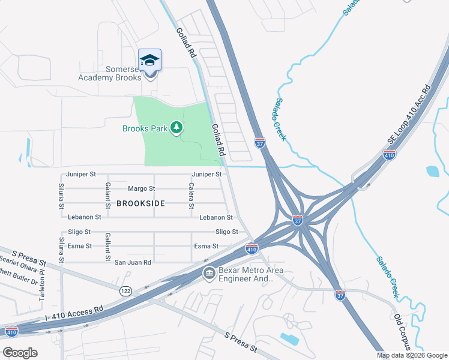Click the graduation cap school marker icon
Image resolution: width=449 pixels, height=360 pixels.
(149, 60)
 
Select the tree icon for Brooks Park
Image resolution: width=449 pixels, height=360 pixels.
(176, 128)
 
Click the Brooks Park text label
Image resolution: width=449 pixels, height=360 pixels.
(144, 128)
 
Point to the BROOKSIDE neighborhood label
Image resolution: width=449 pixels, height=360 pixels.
(140, 203)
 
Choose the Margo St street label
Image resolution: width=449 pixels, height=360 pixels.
(141, 188)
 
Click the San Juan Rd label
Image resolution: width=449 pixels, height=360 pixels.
(133, 262)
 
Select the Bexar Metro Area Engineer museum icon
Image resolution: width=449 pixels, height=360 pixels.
(209, 274)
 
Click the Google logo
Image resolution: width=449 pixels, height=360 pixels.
(20, 352)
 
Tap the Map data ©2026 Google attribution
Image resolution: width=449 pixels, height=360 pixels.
(411, 355)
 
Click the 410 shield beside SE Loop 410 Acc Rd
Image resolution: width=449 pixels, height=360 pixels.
(389, 155)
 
